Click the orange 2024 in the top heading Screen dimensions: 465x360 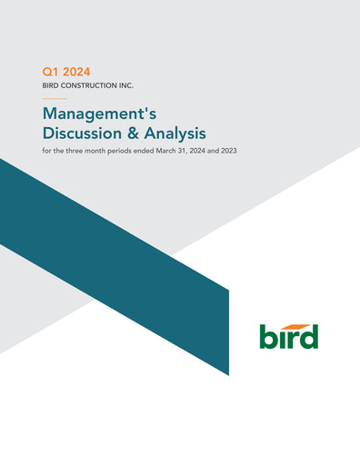pyautogui.click(x=77, y=71)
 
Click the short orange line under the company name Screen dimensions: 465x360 pyautogui.click(x=55, y=98)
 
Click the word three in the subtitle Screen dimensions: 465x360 pyautogui.click(x=81, y=151)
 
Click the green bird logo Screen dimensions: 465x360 pyautogui.click(x=289, y=337)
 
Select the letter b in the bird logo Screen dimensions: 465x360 pyautogui.click(x=270, y=337)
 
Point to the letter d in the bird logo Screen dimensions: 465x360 pyautogui.click(x=310, y=337)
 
